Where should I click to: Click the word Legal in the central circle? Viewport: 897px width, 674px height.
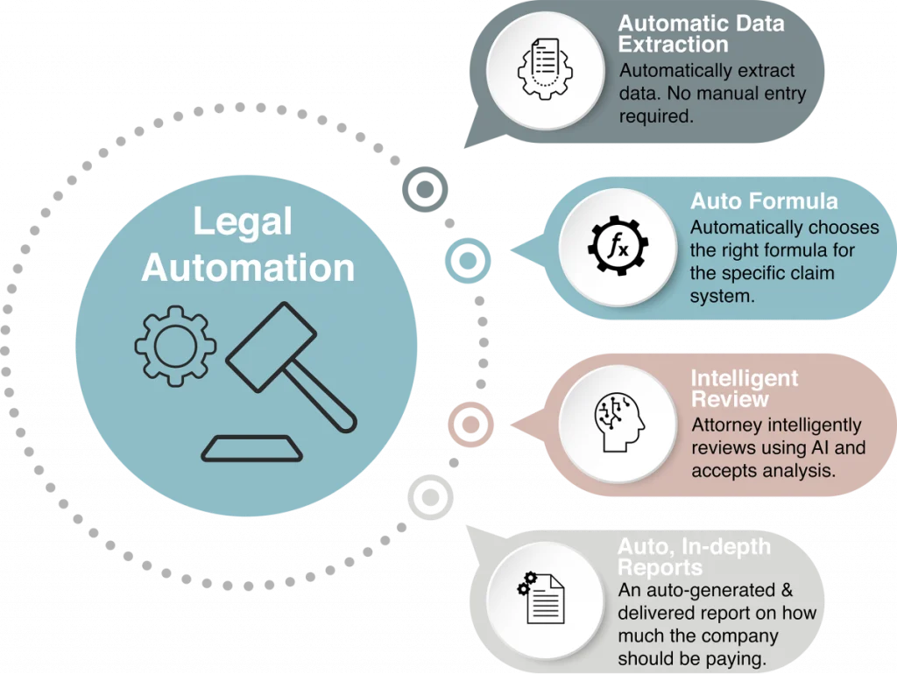pyautogui.click(x=242, y=222)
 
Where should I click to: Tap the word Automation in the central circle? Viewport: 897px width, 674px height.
pyautogui.click(x=248, y=268)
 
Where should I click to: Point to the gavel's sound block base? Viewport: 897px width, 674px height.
pyautogui.click(x=252, y=447)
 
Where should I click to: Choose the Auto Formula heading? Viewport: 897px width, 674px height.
pyautogui.click(x=764, y=200)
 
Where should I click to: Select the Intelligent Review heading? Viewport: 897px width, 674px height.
pyautogui.click(x=745, y=389)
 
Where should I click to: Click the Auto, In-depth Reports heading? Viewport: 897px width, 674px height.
pyautogui.click(x=695, y=558)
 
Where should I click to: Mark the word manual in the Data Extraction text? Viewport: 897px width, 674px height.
pyautogui.click(x=745, y=94)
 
